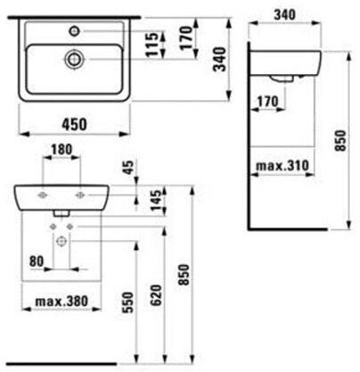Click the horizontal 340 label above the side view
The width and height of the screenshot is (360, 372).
(285, 13)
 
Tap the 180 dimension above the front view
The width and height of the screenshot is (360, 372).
(61, 148)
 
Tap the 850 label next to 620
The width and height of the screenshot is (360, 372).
(185, 278)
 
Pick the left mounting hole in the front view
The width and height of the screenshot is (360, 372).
(41, 194)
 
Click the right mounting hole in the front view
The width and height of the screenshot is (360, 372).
(80, 194)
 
